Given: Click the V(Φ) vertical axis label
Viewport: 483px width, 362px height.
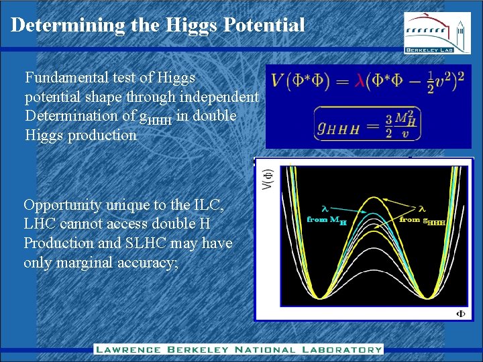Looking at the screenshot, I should pos(267,178).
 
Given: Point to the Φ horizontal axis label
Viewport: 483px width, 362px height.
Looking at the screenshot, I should pos(461,313).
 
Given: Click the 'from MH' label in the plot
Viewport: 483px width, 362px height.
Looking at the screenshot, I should pos(327,219).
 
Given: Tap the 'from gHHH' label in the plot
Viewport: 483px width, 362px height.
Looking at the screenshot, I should pos(422,219).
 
